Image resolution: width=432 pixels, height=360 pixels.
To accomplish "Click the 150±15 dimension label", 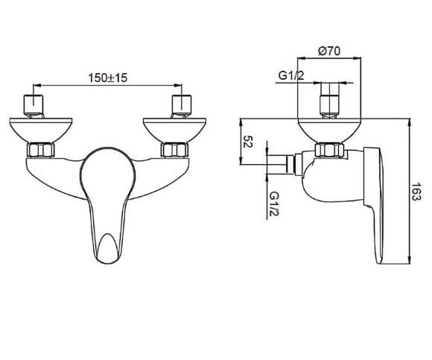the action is tap(108, 78).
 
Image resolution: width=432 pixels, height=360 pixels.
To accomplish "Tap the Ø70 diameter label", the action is tap(329, 51).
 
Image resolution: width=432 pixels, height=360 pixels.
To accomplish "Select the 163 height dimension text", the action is tap(416, 192).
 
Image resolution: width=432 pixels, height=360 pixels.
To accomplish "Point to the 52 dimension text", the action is tap(247, 142).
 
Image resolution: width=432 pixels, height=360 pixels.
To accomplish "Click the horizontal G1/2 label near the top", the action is tap(291, 75).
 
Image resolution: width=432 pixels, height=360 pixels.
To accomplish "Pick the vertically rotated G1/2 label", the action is tap(274, 204).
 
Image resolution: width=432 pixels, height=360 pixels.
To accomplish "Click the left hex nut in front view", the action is tap(41, 151).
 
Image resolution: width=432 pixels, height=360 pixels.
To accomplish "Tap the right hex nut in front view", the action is tap(174, 151).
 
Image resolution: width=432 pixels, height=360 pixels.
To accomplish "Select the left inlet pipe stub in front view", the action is tap(34, 106).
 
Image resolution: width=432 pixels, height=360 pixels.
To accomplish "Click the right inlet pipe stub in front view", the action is tap(182, 106).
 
